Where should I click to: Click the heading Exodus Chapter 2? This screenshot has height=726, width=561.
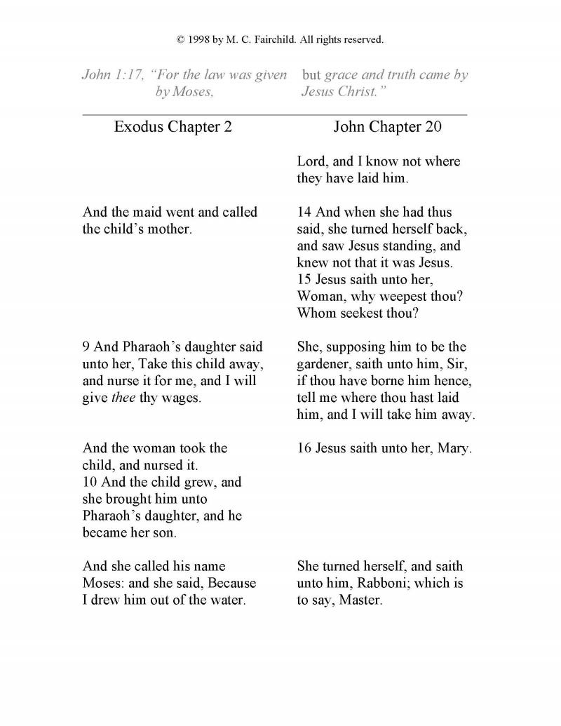pos(173,127)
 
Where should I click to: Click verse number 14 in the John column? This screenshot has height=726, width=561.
pos(304,213)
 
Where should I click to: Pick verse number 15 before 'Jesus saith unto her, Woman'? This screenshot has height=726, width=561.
pos(304,280)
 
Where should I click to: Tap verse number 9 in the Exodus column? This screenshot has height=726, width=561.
pos(86,347)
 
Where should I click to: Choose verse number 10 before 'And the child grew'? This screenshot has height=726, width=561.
pos(90,483)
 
